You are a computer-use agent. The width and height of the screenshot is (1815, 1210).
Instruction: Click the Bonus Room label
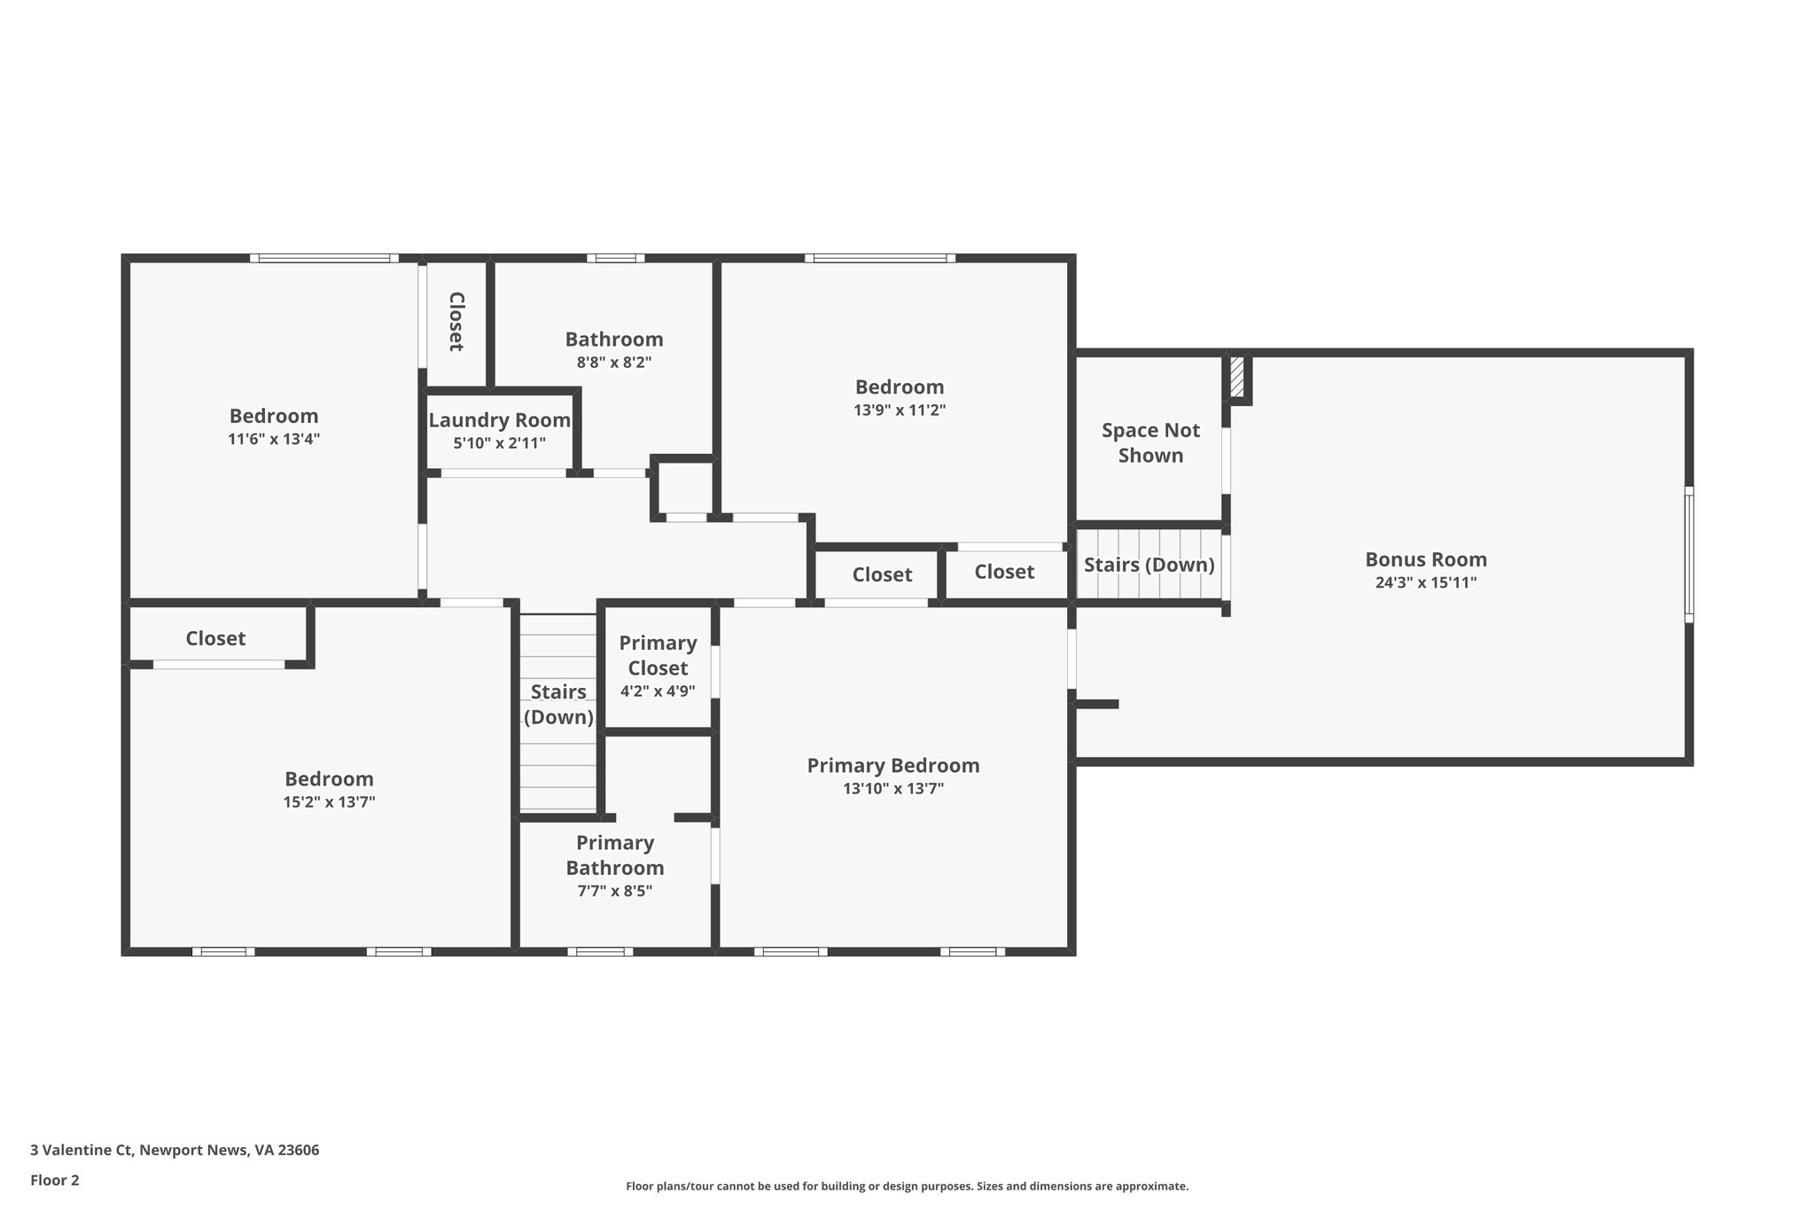(1425, 559)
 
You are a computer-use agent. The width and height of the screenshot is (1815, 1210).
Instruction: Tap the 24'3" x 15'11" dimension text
(1425, 582)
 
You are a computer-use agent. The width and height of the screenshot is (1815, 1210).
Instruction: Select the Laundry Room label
(499, 420)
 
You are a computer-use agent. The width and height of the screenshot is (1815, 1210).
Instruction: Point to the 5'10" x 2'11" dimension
(499, 443)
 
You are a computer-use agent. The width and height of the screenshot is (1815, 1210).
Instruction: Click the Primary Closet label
(658, 655)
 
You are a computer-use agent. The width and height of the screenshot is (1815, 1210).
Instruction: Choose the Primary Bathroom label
(615, 855)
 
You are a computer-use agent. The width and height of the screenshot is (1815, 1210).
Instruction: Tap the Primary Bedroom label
(893, 765)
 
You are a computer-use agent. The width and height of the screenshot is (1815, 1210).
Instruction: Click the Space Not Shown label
(1150, 442)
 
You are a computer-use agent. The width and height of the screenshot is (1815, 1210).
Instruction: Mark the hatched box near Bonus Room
(1236, 378)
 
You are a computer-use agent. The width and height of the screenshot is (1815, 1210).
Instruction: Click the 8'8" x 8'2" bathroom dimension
(614, 362)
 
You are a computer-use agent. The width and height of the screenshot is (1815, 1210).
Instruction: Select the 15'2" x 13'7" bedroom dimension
(329, 802)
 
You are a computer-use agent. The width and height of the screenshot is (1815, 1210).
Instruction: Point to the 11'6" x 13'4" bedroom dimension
(274, 439)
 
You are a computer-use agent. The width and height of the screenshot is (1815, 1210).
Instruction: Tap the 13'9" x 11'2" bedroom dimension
(900, 410)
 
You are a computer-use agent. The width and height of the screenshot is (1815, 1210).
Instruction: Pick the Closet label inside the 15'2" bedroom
(215, 638)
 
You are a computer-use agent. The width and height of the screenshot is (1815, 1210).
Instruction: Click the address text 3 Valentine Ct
(81, 1151)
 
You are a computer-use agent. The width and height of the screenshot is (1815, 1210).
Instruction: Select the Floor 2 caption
(55, 1180)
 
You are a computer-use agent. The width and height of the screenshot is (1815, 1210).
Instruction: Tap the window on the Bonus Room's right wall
(1689, 554)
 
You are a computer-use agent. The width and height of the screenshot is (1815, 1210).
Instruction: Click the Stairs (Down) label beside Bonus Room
(1149, 565)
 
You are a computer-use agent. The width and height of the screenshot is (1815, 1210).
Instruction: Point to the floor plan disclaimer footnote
(907, 1186)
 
